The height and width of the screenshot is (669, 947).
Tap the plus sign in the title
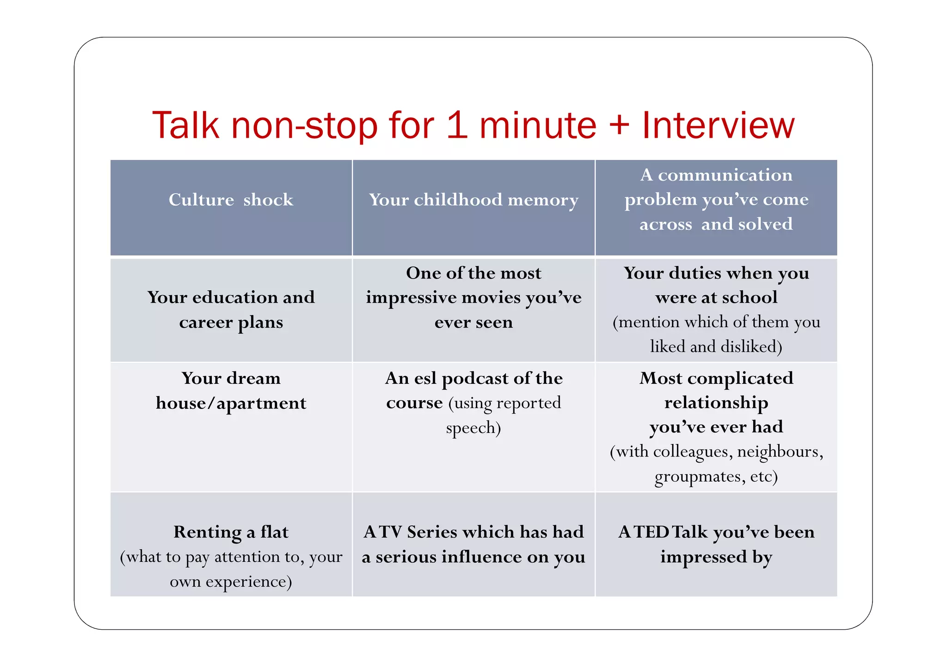(x=619, y=126)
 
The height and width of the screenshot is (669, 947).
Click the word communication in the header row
(x=725, y=175)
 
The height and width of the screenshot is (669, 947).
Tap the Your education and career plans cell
(x=231, y=309)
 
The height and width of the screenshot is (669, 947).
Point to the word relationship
(x=716, y=403)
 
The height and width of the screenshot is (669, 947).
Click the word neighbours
(x=779, y=451)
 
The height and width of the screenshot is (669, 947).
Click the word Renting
(x=207, y=532)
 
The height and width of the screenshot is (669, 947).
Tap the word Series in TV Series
(x=432, y=532)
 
